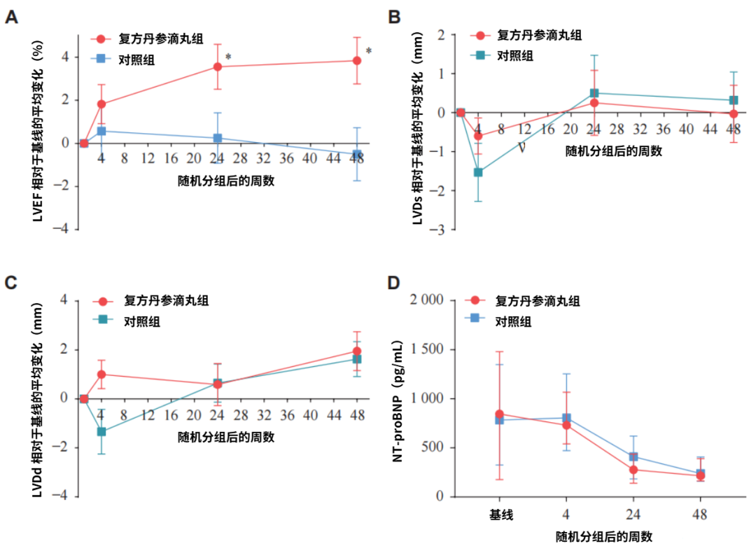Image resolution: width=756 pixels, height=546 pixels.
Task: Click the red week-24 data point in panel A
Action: point(218,66)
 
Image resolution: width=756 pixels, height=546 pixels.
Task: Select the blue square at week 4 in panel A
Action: point(101,131)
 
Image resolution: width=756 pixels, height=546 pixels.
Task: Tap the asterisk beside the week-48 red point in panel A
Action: point(369,51)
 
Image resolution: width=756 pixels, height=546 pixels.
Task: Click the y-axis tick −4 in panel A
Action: point(64,229)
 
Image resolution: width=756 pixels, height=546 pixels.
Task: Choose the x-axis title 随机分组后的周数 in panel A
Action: point(225,181)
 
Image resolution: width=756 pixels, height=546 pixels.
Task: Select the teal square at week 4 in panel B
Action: point(478,172)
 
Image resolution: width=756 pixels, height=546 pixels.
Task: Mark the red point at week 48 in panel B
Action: point(734,113)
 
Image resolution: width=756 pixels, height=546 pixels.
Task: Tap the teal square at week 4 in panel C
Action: point(101,431)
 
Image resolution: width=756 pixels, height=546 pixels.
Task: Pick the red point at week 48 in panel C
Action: point(357,351)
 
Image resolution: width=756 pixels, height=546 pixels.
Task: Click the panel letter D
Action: point(393,283)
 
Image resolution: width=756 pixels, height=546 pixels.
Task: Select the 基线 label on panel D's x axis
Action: point(501,515)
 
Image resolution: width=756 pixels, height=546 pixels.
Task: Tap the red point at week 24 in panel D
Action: point(633,470)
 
